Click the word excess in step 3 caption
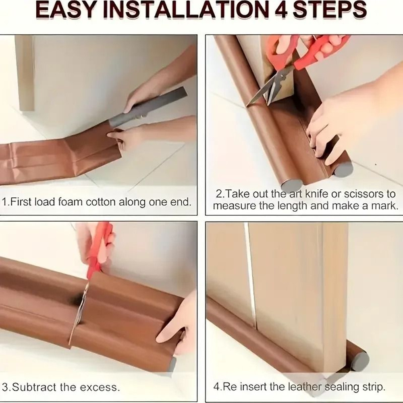[x=100, y=388]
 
